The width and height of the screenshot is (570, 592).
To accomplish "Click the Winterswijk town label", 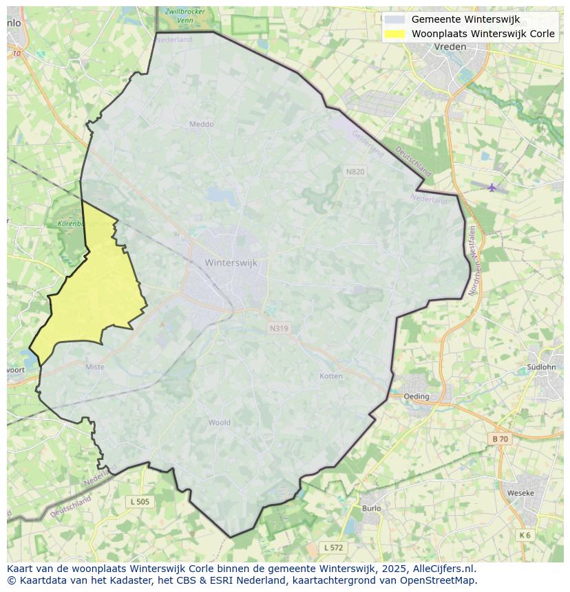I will (231, 263).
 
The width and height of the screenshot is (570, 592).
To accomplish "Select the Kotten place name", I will (331, 376).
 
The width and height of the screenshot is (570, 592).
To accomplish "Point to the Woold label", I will (220, 423).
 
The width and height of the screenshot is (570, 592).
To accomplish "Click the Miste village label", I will (95, 367).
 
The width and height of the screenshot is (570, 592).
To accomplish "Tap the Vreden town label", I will (450, 47).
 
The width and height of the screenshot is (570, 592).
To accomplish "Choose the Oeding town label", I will (416, 397).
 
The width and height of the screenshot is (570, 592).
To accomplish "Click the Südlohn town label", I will (541, 367).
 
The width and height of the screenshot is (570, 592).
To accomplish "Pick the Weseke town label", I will (520, 493).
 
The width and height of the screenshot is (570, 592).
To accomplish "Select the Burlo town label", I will (371, 509).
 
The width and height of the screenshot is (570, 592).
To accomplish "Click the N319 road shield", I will (279, 329).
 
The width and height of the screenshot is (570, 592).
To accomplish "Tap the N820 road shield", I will (355, 172).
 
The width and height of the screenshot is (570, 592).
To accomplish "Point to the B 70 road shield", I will (500, 439).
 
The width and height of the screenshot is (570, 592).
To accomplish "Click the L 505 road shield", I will (140, 502).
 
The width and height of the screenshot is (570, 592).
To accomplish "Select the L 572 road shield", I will (333, 547).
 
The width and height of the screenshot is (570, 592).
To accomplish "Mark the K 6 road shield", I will (525, 535).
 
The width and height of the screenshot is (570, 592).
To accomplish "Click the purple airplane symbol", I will (492, 187).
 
